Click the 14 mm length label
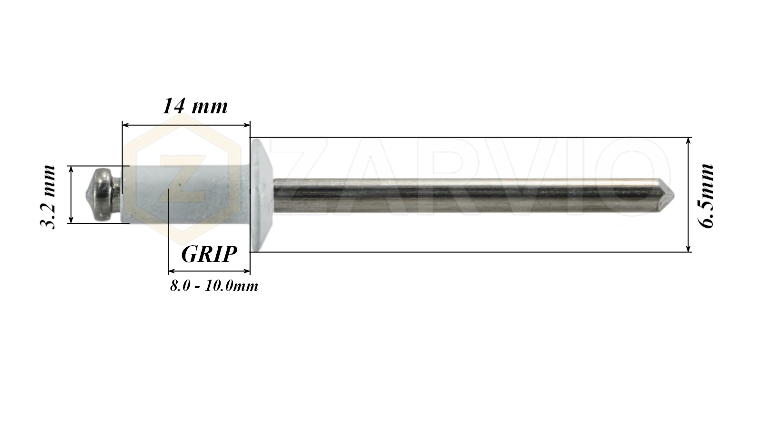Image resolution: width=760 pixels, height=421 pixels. pos(195,106)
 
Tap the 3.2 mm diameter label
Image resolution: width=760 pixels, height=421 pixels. pos(48,197)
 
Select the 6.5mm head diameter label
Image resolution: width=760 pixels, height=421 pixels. pos(706,196)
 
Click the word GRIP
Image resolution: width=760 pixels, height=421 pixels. pos(209,254)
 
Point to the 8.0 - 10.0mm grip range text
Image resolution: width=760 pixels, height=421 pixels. pos(214,286)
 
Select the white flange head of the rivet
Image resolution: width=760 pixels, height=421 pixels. pos(261,195)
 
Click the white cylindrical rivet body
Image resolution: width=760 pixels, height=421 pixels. pos(186,194)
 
